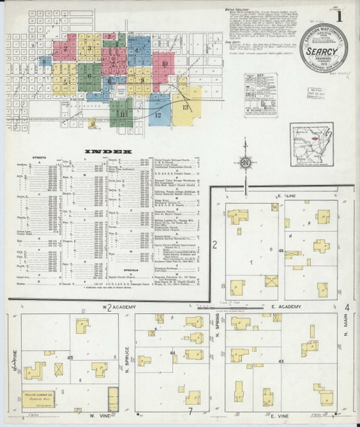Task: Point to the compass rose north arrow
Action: (245, 162)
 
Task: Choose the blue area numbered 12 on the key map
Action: (158, 115)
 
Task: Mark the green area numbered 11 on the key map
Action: (122, 112)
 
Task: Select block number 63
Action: (281, 362)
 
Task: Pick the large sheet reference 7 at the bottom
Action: (190, 411)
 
